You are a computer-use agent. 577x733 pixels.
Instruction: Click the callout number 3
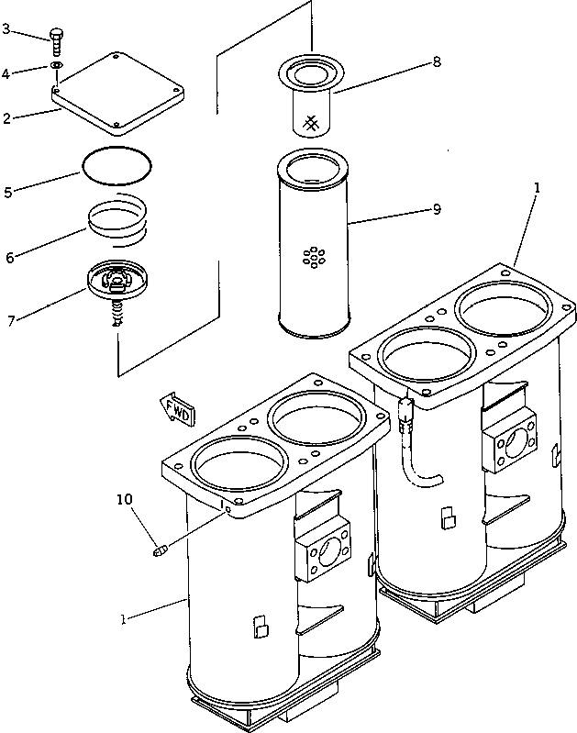pos(6,29)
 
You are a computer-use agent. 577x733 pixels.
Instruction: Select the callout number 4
pos(6,72)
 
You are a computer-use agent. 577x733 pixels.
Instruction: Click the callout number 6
pos(9,258)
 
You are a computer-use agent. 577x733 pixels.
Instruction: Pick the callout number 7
pos(9,321)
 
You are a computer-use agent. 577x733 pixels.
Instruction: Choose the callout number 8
pos(437,61)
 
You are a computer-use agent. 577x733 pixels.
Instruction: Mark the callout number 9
pos(437,209)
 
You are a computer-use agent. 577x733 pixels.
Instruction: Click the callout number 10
pos(124,500)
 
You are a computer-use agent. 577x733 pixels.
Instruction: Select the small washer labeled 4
pos(57,67)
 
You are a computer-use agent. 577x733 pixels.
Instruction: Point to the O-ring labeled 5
pos(117,166)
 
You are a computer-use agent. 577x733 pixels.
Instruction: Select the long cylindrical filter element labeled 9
pos(314,243)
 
